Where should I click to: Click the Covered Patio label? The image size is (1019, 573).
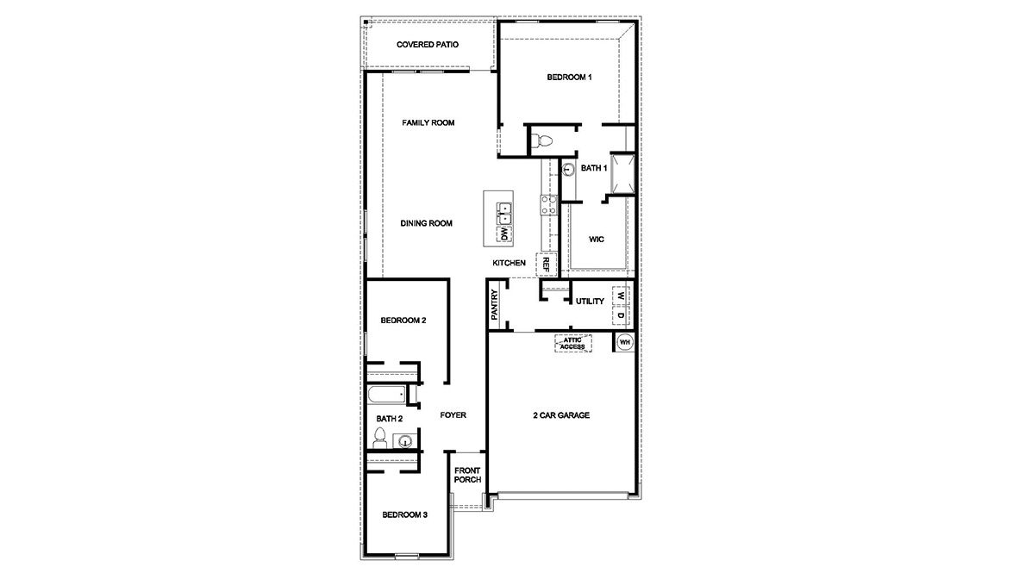pos(427,45)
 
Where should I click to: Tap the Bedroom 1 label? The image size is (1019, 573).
pos(569,78)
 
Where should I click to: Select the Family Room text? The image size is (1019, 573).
pos(428,123)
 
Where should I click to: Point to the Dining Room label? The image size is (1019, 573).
pos(427,223)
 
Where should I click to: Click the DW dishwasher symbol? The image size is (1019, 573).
pos(503,232)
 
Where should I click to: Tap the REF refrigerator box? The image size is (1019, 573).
pos(546,264)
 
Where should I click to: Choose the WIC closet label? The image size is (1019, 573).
pos(596,239)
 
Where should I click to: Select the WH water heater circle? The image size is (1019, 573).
pos(625,343)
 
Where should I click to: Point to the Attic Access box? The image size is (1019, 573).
pos(572,343)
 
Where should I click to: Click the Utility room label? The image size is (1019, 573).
pos(590,302)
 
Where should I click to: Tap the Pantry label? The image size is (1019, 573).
pos(495,305)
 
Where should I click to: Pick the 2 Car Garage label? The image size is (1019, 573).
pos(560,415)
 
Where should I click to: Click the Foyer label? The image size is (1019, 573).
pos(453,415)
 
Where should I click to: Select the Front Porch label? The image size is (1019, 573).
pos(467,475)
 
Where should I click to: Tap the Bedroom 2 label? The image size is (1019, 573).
pos(403,321)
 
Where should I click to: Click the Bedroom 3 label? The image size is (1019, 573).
pos(404,515)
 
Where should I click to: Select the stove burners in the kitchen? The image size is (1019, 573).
pos(548,205)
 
